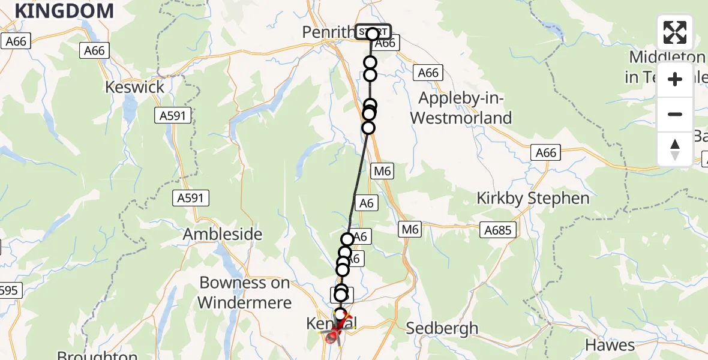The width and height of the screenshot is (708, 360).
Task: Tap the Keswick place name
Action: [134, 88]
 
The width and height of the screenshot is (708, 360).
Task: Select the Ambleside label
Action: [223, 234]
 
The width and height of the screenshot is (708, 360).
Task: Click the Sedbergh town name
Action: [442, 328]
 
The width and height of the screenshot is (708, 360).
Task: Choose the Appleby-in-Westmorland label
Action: [461, 108]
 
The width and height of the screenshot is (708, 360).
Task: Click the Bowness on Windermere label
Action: [244, 293]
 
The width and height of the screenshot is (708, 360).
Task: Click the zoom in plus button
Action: [675, 80]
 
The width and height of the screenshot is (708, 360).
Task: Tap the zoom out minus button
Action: [675, 115]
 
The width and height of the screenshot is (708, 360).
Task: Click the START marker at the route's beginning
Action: [373, 32]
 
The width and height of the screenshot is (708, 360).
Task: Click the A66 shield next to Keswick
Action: [95, 51]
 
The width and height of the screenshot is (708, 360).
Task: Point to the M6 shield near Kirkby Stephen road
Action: [410, 229]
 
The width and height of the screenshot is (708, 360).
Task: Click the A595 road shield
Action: [9, 291]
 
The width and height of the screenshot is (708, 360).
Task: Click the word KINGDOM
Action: [64, 10]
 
